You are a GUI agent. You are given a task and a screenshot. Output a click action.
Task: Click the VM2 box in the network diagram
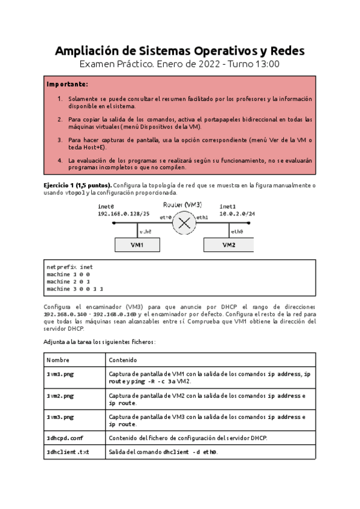tap(228, 245)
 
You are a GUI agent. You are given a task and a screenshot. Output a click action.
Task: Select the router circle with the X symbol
tap(184, 223)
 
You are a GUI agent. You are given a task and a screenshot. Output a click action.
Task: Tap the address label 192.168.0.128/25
tap(124, 213)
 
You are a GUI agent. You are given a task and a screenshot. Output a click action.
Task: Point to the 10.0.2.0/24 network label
tap(237, 213)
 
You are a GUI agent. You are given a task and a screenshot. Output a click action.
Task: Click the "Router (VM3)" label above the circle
tap(184, 205)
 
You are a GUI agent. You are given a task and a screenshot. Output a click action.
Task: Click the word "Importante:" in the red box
tap(67, 84)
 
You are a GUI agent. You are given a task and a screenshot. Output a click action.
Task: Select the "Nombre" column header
tap(58, 360)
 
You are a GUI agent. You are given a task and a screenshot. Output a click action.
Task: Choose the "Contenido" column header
tap(122, 360)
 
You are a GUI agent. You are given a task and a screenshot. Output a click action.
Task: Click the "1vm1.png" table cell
tap(60, 374)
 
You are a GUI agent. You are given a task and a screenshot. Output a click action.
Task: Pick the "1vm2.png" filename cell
tap(60, 396)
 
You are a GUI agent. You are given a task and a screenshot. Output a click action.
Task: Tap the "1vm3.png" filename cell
tap(60, 417)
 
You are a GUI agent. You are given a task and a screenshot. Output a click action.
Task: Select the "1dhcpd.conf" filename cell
tap(65, 438)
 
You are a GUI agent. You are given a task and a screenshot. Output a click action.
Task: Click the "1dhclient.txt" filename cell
tap(67, 452)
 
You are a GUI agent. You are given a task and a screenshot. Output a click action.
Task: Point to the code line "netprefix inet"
tap(70, 267)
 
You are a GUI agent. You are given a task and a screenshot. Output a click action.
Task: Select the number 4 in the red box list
tap(60, 161)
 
